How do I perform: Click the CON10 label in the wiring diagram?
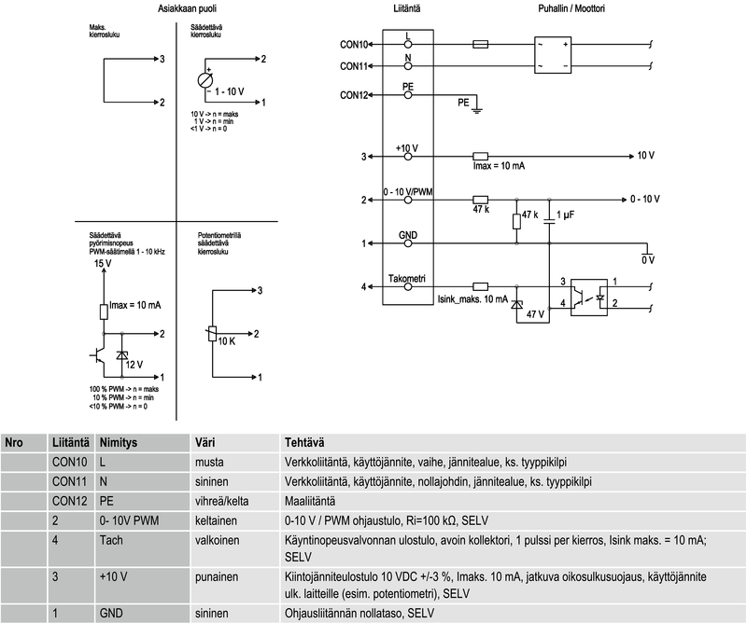[x=355, y=44]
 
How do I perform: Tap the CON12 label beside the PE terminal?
[x=355, y=94]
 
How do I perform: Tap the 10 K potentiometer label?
[x=227, y=342]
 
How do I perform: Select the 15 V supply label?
[x=103, y=265]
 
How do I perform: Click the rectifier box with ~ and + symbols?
[x=552, y=55]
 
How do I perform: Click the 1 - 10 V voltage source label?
[x=230, y=91]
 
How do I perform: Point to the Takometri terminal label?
[x=407, y=279]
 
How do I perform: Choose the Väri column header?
[x=204, y=442]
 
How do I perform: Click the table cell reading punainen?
[x=215, y=578]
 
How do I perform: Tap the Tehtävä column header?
[x=304, y=442]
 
